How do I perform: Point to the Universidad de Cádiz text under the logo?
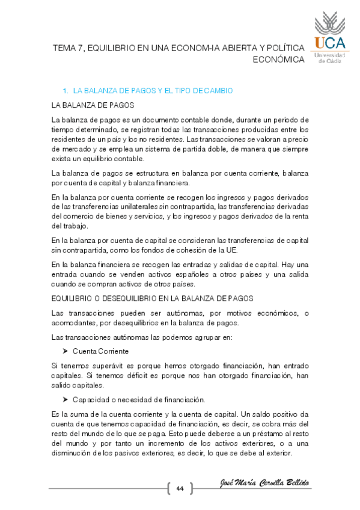(x=330, y=58)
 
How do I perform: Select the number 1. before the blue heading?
(x=65, y=91)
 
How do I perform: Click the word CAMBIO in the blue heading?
(x=219, y=91)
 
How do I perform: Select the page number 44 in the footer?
(x=179, y=488)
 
